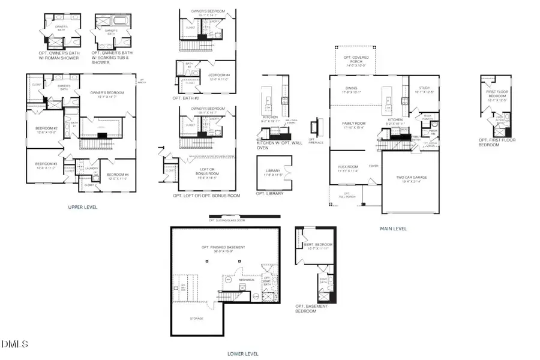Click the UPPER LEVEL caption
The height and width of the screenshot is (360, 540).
point(83,206)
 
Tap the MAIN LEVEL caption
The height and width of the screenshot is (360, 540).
point(393,229)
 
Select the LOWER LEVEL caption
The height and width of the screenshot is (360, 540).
point(243,354)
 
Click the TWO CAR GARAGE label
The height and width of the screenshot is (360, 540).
point(412,178)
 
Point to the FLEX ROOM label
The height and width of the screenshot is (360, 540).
point(347,169)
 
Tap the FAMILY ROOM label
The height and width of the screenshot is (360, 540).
point(354,125)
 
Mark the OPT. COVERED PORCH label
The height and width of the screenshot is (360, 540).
point(356,61)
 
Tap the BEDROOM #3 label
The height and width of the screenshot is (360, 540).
point(46,166)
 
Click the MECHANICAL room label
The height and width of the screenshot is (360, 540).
point(247,280)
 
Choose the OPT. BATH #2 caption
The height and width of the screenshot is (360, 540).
point(185,97)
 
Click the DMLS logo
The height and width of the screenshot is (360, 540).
point(15,344)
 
